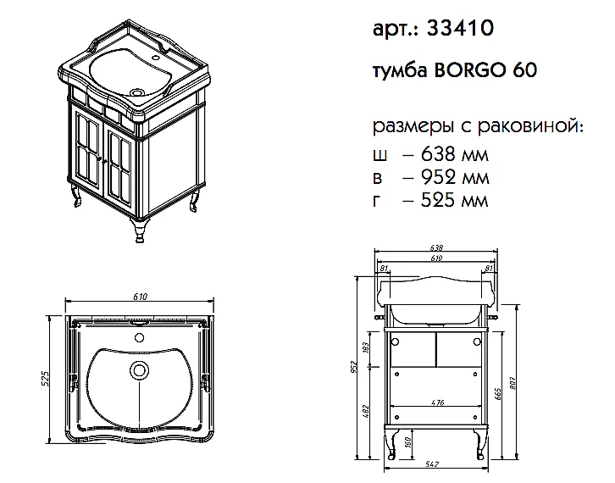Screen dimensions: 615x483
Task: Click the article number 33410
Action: click(x=460, y=28)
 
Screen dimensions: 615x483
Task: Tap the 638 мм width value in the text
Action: click(x=455, y=154)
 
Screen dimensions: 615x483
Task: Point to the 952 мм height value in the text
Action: click(x=455, y=177)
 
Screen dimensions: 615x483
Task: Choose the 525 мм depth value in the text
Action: click(x=454, y=200)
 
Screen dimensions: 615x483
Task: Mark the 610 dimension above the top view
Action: click(x=140, y=297)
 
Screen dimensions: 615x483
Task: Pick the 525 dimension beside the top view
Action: click(x=45, y=379)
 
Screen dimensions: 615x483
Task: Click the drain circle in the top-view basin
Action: click(x=139, y=369)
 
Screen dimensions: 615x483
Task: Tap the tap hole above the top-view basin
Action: click(x=139, y=337)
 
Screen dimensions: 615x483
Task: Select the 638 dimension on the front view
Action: click(x=436, y=248)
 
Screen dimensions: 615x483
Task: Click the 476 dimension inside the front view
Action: click(x=437, y=402)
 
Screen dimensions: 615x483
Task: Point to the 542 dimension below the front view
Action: click(x=431, y=464)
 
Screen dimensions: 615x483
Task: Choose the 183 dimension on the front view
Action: click(x=366, y=347)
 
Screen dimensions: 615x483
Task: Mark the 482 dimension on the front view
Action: click(x=366, y=412)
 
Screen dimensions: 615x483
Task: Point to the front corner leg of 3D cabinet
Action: click(x=139, y=230)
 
